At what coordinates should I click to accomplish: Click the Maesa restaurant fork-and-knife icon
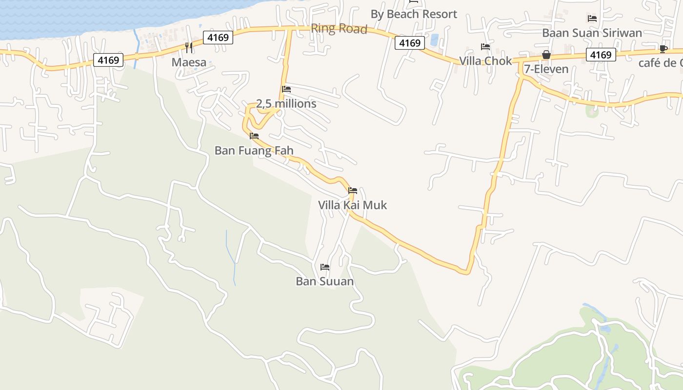click(x=189, y=48)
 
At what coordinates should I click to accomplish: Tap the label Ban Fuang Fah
click(x=254, y=150)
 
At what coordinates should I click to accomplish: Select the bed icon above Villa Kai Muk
click(x=353, y=191)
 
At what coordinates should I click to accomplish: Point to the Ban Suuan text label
click(x=325, y=281)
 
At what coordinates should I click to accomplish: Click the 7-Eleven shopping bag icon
click(x=546, y=55)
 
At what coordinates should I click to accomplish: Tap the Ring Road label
click(x=339, y=29)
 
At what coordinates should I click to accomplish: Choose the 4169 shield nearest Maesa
click(x=218, y=38)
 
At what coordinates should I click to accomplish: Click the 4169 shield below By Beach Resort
click(x=410, y=43)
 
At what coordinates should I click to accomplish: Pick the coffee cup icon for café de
click(x=663, y=48)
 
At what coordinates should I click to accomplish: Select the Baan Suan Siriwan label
click(x=592, y=33)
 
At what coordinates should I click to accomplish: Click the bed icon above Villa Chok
click(x=485, y=47)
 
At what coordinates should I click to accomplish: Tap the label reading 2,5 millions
click(x=286, y=104)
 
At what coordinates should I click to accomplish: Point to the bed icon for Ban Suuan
click(x=325, y=267)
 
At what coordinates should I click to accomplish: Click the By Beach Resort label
click(x=414, y=14)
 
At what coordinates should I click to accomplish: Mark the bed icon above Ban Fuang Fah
click(x=254, y=136)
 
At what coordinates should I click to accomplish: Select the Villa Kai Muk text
click(x=353, y=205)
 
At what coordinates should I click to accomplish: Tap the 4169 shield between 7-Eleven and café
click(x=601, y=55)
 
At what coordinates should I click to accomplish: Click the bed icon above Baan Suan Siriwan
click(x=592, y=19)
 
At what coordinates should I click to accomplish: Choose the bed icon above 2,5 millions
click(x=286, y=90)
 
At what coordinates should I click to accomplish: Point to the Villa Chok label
click(x=485, y=61)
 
